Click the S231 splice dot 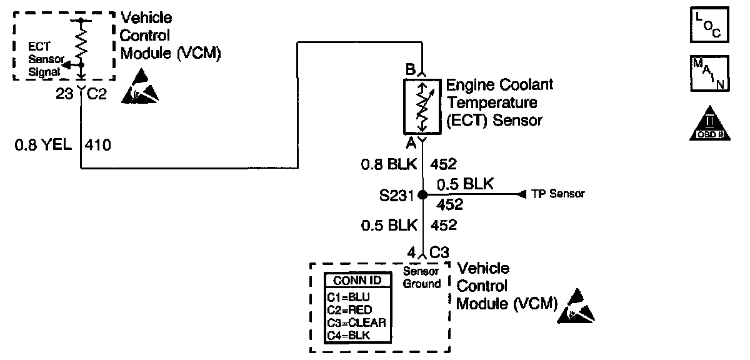coord(422,195)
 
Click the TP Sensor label coord(558,194)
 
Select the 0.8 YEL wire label coord(41,147)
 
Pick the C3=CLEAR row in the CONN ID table coord(356,322)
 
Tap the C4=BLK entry coord(349,336)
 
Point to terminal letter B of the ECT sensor coord(411,70)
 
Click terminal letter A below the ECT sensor coord(411,143)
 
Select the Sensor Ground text coord(422,277)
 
